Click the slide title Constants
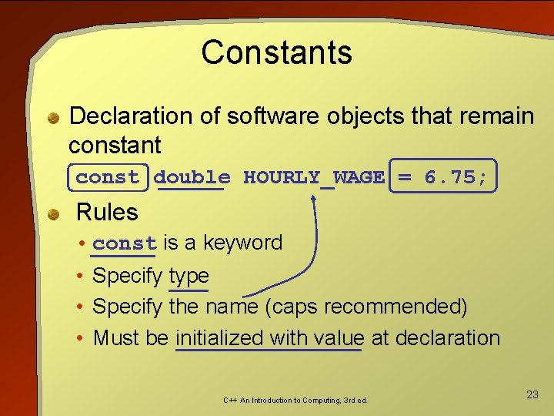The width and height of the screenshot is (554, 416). click(276, 52)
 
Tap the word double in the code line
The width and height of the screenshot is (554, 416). click(192, 177)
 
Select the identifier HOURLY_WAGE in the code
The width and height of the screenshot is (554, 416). click(313, 177)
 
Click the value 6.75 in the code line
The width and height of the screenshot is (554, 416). click(449, 177)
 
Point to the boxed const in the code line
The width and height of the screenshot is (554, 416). click(107, 177)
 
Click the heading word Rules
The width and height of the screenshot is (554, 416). click(107, 212)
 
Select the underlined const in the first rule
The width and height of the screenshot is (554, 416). click(124, 243)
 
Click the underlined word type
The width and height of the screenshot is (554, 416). click(189, 276)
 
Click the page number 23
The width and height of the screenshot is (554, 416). click(532, 394)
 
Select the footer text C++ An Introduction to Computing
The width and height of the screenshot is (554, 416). click(295, 401)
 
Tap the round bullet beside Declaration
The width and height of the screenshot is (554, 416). click(55, 118)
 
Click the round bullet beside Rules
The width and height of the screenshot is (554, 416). click(55, 213)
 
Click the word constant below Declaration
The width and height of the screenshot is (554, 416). click(115, 145)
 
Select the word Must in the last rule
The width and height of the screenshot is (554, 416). click(114, 338)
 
